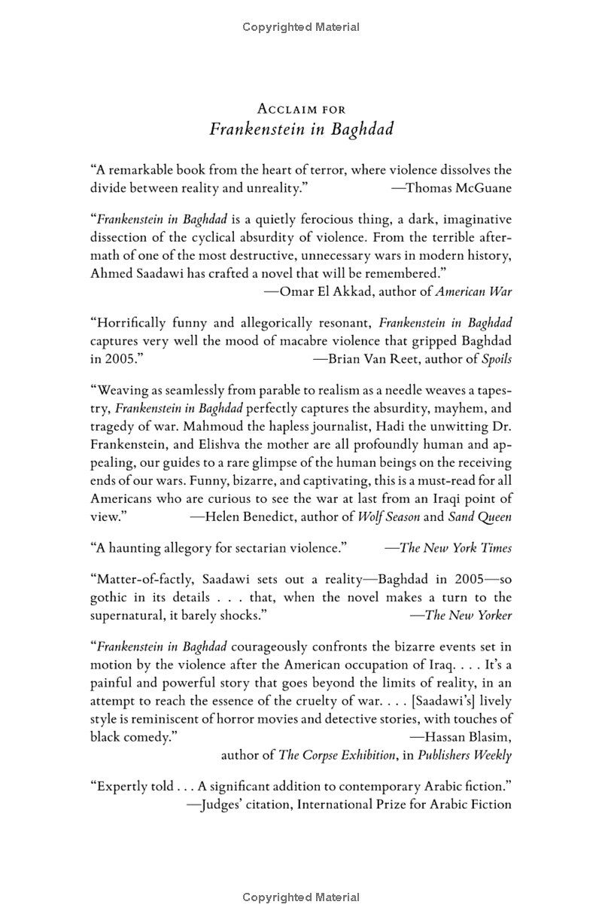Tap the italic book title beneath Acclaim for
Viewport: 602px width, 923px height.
tap(301, 129)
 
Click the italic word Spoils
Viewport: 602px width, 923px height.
tap(497, 358)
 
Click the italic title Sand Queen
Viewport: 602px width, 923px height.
tap(479, 516)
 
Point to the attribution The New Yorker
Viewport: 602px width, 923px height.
tap(468, 615)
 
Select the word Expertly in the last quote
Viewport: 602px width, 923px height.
tap(119, 786)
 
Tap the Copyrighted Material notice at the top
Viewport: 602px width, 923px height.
tap(301, 27)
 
